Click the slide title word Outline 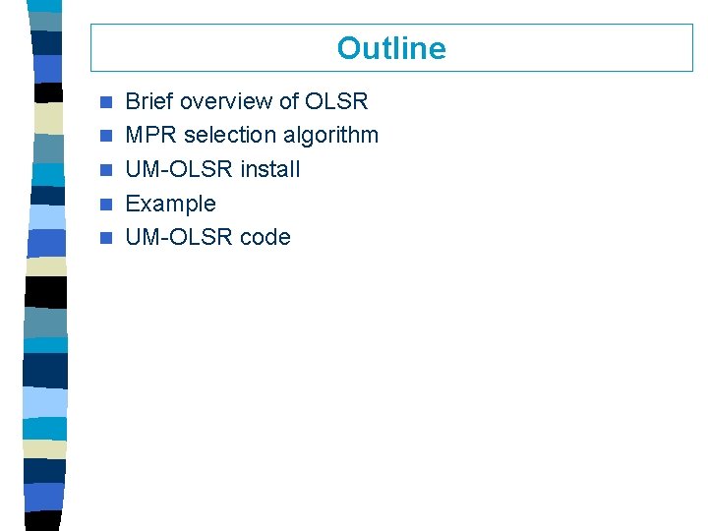[391, 48]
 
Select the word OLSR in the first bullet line [336, 101]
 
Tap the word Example [171, 204]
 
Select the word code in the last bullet [265, 237]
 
